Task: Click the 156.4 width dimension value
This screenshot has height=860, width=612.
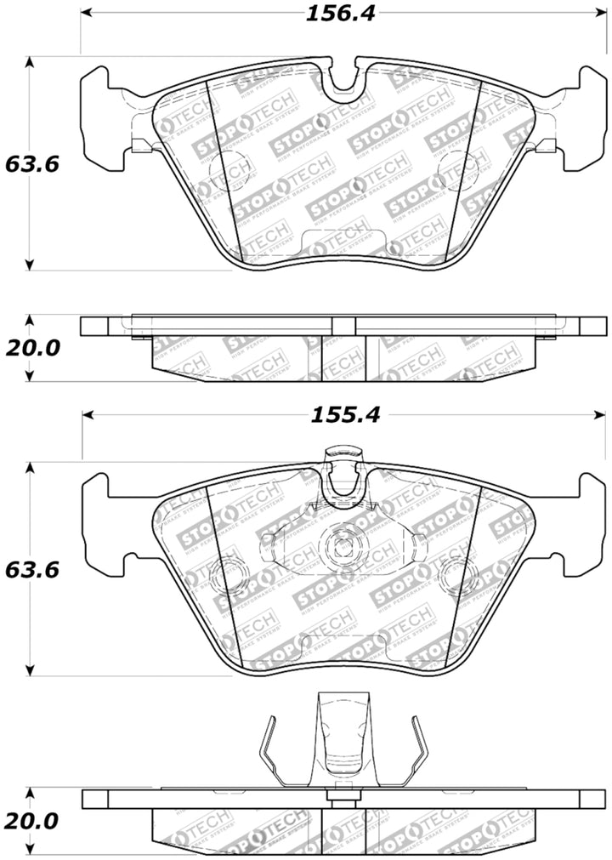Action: pos(337,14)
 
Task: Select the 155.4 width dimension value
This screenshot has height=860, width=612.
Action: pos(338,415)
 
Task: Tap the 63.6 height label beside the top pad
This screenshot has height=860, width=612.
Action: pos(30,163)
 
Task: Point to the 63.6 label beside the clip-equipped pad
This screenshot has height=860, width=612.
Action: pos(30,569)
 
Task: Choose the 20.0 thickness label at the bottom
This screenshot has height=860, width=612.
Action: pos(30,822)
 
